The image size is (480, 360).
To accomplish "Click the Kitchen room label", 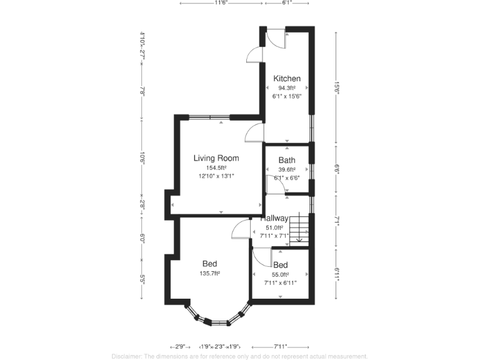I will pyautogui.click(x=287, y=79).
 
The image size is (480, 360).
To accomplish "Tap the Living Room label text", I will pyautogui.click(x=216, y=158).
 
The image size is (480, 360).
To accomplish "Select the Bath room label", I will pyautogui.click(x=287, y=161).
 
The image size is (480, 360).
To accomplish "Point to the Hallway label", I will pyautogui.click(x=274, y=219).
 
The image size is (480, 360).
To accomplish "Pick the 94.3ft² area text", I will pyautogui.click(x=287, y=88).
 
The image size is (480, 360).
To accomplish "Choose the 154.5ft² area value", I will pyautogui.click(x=216, y=167).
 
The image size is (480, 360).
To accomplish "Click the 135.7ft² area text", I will pyautogui.click(x=209, y=273).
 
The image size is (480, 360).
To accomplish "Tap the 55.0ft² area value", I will pyautogui.click(x=280, y=274).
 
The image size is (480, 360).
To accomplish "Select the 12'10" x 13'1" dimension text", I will pyautogui.click(x=216, y=176).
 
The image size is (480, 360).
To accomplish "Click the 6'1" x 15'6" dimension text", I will pyautogui.click(x=287, y=97).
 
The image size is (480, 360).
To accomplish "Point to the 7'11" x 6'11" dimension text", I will pyautogui.click(x=280, y=282).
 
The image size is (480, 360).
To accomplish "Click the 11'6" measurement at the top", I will pyautogui.click(x=221, y=3).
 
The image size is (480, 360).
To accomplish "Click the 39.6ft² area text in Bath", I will pyautogui.click(x=287, y=169).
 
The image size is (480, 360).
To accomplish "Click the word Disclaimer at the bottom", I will pyautogui.click(x=127, y=356).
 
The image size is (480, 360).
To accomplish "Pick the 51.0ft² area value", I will pyautogui.click(x=274, y=228).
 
